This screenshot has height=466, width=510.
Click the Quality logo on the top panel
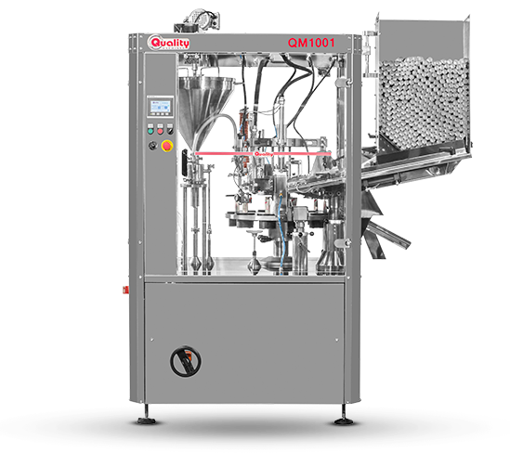click(168, 43)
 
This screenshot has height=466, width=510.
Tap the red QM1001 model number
click(311, 43)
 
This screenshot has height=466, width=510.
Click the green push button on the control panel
click(150, 131)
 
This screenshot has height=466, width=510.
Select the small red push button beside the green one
click(160, 131)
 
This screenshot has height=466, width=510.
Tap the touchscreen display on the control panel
click(160, 106)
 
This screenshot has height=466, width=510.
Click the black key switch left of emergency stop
click(152, 145)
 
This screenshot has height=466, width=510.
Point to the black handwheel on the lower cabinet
click(186, 361)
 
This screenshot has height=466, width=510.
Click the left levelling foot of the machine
click(147, 421)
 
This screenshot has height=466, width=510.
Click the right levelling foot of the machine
click(344, 421)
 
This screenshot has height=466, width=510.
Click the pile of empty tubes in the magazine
click(425, 101)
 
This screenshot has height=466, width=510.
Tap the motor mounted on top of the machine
click(198, 20)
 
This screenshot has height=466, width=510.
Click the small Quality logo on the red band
click(264, 154)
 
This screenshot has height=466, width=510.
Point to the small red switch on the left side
click(124, 289)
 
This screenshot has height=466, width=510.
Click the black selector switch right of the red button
click(170, 131)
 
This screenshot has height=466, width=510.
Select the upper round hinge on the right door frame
click(343, 83)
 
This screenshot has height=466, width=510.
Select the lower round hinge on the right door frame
click(342, 243)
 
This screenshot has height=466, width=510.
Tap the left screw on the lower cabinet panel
click(152, 340)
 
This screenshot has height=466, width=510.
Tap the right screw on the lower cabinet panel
click(336, 341)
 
